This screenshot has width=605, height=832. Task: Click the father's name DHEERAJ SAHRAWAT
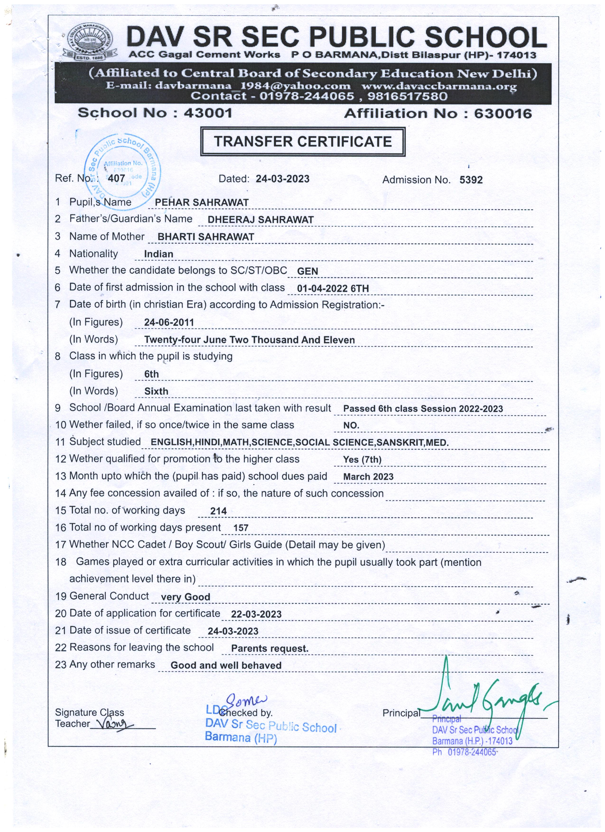(x=261, y=220)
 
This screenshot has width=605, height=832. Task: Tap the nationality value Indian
(x=158, y=254)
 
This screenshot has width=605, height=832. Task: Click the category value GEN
(x=307, y=272)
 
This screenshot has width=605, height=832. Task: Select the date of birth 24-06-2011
(x=169, y=323)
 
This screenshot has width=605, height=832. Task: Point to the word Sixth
(x=156, y=391)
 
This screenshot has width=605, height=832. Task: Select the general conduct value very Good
(x=185, y=597)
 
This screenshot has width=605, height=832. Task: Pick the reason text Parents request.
(x=270, y=649)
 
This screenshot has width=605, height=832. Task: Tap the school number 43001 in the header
(x=208, y=113)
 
